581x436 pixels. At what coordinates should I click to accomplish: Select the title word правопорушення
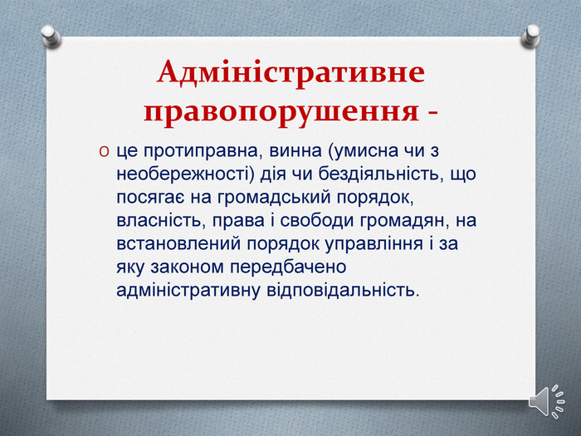[281, 111]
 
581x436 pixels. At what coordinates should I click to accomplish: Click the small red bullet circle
[104, 152]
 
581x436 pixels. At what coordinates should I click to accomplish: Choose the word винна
[296, 151]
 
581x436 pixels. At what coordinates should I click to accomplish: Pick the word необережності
[183, 174]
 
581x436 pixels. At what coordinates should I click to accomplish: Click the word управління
[374, 244]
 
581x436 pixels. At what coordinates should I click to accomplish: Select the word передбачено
[288, 267]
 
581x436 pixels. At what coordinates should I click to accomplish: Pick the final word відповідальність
[343, 290]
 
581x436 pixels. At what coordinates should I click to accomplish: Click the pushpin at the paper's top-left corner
[51, 36]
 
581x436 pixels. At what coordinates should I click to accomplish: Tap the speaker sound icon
[546, 401]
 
